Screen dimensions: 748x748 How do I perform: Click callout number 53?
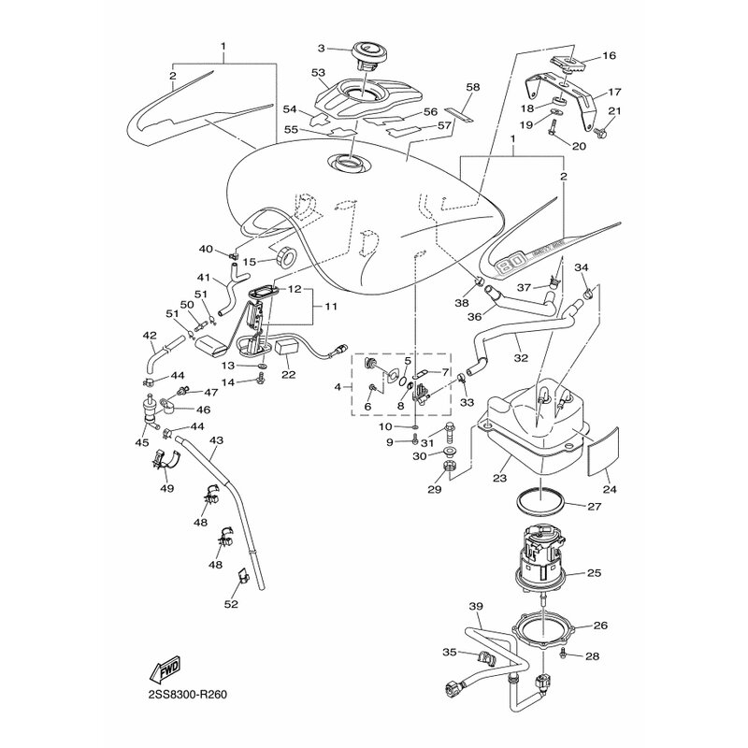point(318,73)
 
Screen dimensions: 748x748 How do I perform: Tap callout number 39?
point(476,606)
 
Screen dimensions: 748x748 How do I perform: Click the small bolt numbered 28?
point(563,652)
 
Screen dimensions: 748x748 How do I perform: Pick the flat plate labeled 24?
point(602,452)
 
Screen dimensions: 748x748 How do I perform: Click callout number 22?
point(289,375)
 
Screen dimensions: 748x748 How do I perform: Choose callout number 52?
point(231,604)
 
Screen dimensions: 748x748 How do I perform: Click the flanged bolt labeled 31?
point(451,433)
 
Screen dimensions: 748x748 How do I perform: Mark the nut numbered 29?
point(448,466)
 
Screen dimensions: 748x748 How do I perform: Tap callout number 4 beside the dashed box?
point(338,387)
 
